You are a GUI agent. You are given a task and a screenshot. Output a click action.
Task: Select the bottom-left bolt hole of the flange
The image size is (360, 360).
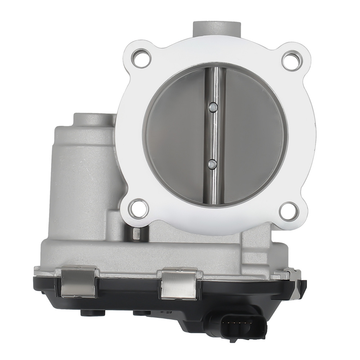click(x=139, y=208)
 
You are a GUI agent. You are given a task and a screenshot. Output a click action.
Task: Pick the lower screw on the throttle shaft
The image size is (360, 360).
click(x=213, y=164)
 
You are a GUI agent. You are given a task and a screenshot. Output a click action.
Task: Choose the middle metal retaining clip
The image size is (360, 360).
click(x=179, y=284)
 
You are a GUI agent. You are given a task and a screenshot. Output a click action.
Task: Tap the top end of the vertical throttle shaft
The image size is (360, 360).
click(x=215, y=70)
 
